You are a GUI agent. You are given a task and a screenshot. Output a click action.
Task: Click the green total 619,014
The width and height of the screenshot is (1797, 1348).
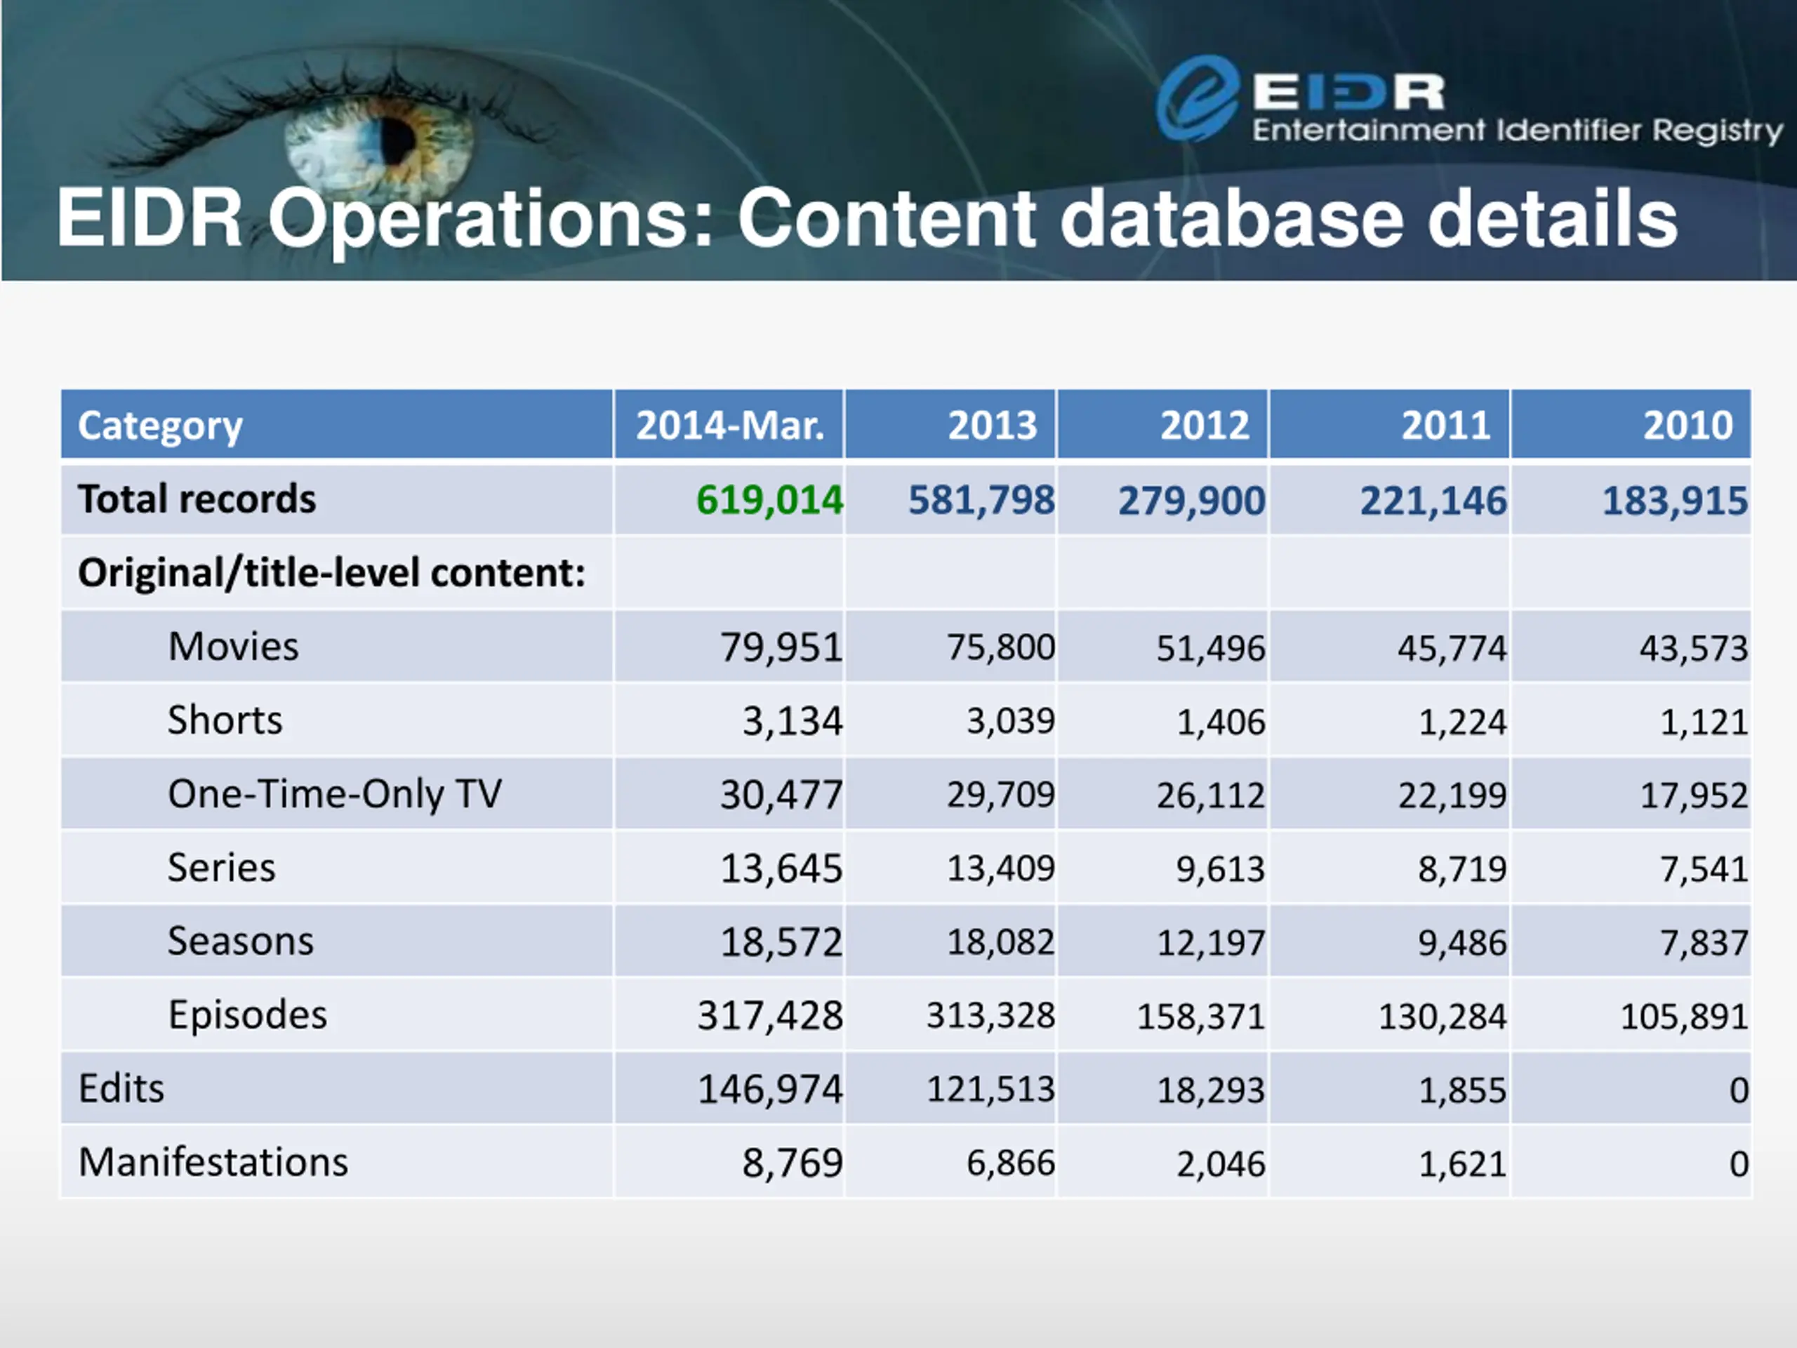click(x=769, y=500)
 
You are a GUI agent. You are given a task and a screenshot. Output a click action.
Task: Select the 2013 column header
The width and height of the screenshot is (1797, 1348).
click(x=992, y=425)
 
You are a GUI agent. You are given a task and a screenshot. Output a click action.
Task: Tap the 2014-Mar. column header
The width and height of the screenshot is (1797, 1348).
click(x=729, y=425)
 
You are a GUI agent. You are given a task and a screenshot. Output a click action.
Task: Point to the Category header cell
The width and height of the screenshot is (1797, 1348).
click(x=160, y=425)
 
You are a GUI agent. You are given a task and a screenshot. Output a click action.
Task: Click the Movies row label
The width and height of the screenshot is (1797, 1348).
click(x=233, y=647)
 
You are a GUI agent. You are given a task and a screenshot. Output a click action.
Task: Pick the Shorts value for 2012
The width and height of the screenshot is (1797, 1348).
click(x=1220, y=722)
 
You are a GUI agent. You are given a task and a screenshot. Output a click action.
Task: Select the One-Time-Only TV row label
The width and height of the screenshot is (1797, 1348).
click(x=335, y=794)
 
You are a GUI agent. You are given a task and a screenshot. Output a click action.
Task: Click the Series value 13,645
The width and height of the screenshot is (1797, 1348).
click(x=781, y=868)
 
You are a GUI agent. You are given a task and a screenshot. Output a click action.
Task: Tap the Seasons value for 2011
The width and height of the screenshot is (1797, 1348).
click(x=1461, y=942)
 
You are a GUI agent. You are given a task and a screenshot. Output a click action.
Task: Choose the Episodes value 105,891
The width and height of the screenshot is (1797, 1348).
click(x=1683, y=1017)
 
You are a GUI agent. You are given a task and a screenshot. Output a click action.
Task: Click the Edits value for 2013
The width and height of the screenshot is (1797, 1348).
click(x=990, y=1090)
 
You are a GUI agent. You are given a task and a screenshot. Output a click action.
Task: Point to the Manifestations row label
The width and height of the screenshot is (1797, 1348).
click(x=213, y=1162)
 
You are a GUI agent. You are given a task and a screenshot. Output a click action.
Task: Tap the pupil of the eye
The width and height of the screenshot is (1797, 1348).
click(x=397, y=140)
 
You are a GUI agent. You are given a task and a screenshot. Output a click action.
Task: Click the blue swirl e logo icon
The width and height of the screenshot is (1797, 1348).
click(x=1197, y=98)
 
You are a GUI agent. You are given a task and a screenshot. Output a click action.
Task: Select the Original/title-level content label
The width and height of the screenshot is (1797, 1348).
click(x=331, y=573)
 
